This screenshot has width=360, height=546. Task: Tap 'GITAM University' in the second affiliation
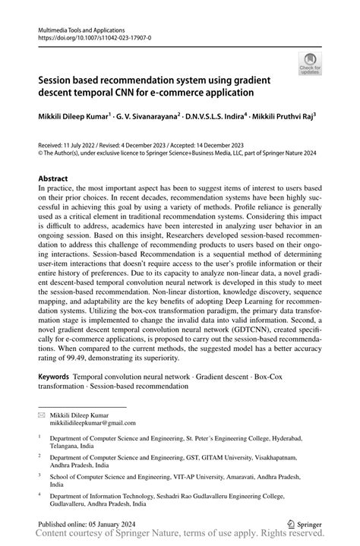[x=232, y=457]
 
